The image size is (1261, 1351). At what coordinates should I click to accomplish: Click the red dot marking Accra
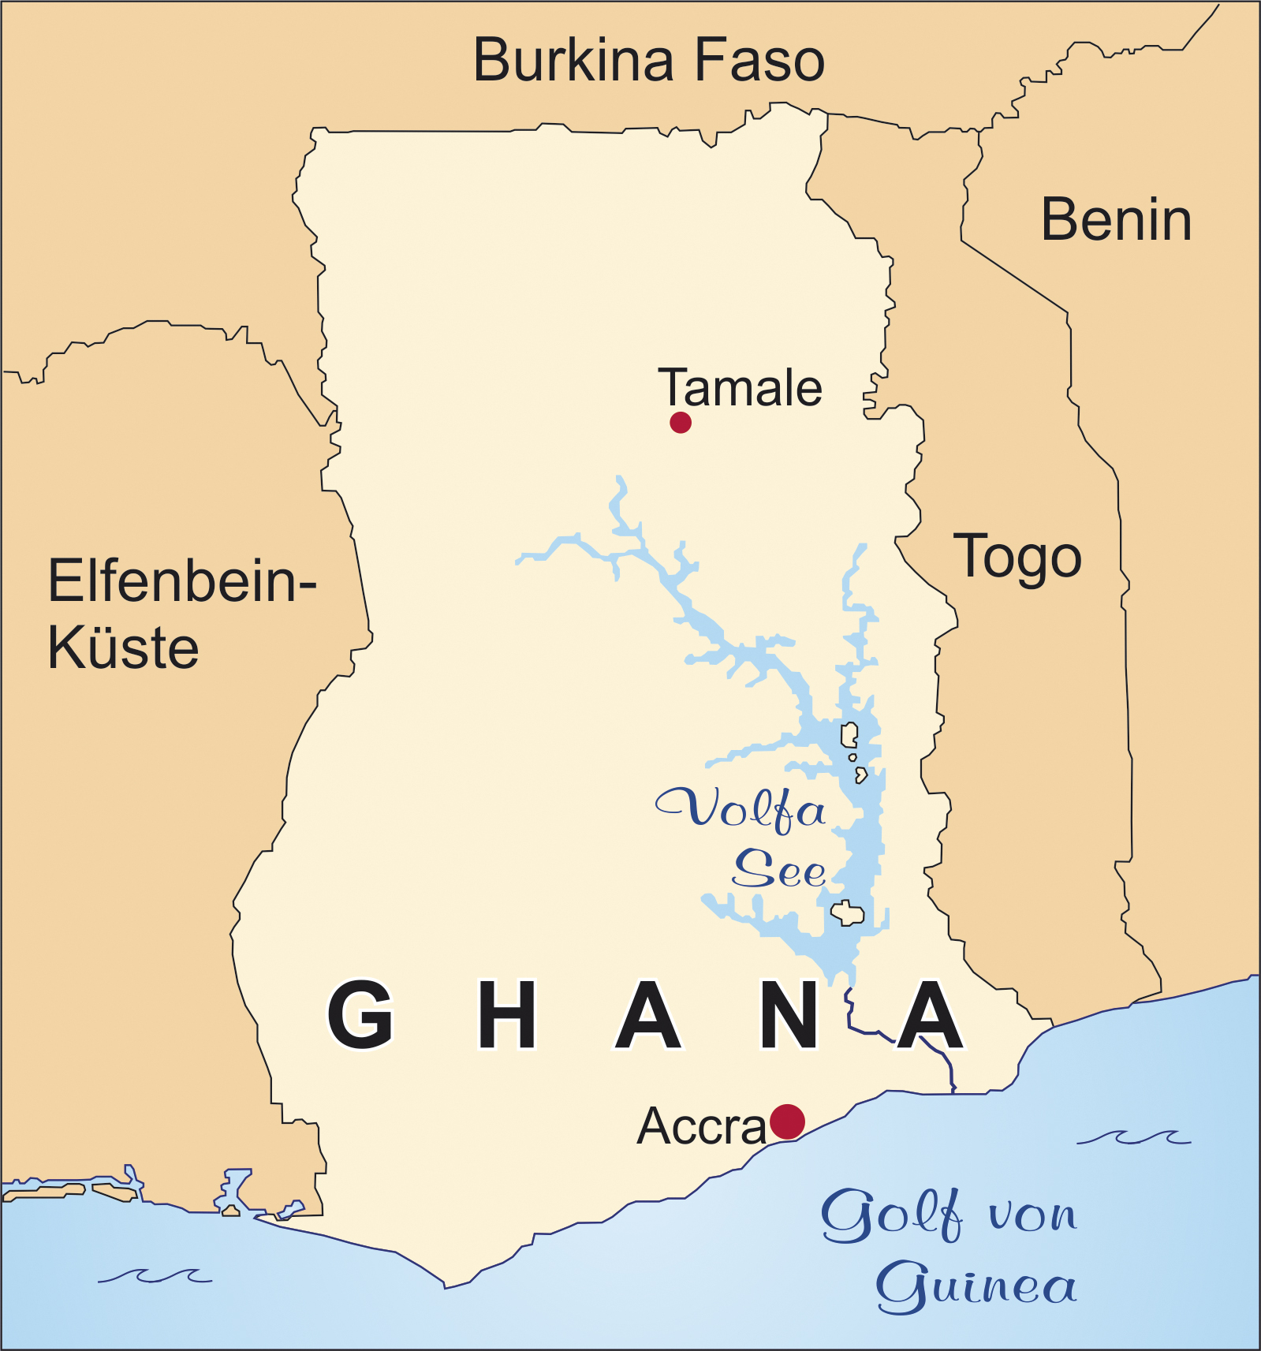tap(786, 1121)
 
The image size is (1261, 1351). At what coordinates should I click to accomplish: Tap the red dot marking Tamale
tap(680, 422)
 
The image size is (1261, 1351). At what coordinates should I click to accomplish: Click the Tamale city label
tap(740, 388)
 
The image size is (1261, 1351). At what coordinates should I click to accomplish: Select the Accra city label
tap(701, 1126)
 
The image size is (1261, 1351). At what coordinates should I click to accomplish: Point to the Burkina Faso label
tap(648, 61)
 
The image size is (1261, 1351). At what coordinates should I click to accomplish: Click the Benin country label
tap(1115, 220)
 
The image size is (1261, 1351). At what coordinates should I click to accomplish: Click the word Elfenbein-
tap(181, 581)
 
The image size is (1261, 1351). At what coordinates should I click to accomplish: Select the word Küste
tap(123, 648)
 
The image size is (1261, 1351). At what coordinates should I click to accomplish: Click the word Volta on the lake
tap(741, 809)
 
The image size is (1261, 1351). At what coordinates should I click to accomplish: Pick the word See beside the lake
tap(779, 870)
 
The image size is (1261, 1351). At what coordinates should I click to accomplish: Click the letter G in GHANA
tap(360, 1015)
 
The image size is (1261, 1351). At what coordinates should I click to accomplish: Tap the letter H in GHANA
tap(507, 1015)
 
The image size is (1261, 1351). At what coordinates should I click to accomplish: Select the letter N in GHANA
tap(789, 1015)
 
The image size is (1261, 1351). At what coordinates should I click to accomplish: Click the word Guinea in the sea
tap(976, 1286)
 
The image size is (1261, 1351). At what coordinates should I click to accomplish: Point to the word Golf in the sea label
tap(891, 1215)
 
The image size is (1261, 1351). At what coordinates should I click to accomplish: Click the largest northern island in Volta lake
tap(849, 735)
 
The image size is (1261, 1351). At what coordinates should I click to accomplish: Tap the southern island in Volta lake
tap(848, 913)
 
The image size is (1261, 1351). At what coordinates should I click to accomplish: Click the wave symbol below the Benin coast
tap(1134, 1137)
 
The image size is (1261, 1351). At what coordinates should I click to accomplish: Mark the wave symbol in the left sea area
tap(155, 1275)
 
